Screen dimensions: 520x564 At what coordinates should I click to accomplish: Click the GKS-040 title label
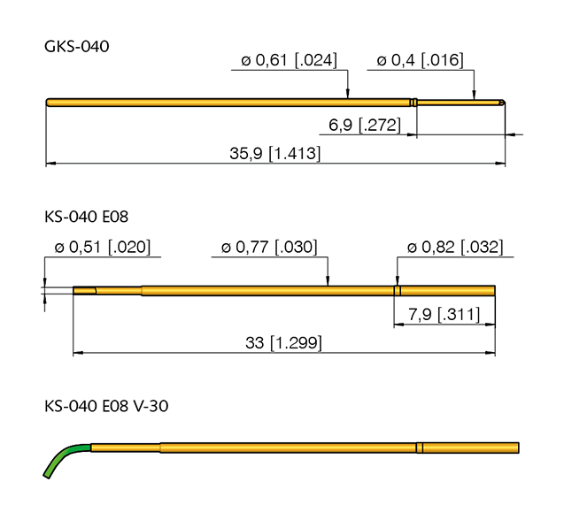(76, 47)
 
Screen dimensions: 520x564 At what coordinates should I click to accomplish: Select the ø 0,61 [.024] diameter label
(289, 60)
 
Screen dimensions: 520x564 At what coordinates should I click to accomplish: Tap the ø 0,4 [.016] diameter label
(420, 60)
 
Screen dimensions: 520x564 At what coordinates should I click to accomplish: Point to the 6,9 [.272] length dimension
(364, 126)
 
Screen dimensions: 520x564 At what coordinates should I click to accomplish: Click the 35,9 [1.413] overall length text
(274, 153)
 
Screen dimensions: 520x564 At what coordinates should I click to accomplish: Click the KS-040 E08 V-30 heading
(105, 406)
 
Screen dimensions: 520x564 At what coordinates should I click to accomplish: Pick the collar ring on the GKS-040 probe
(413, 103)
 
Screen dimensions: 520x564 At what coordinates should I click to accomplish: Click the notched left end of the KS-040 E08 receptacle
(83, 290)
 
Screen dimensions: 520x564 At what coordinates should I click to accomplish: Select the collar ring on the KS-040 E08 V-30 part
(421, 447)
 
